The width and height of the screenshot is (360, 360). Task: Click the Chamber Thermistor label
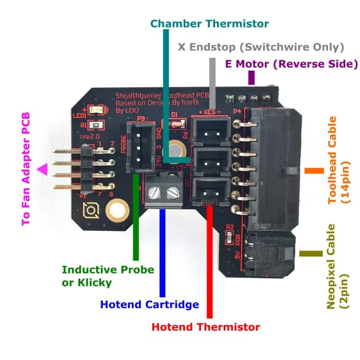209,24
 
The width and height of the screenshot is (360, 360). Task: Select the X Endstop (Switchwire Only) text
260,47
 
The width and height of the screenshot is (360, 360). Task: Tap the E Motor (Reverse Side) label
291,64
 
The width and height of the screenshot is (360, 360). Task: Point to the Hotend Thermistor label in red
206,327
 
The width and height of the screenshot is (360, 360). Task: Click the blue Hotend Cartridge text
150,304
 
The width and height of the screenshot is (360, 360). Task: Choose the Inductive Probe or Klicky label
107,276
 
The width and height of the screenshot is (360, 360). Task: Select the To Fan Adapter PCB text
26,170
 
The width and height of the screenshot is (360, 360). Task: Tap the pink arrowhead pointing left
40,169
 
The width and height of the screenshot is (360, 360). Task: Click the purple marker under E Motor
251,78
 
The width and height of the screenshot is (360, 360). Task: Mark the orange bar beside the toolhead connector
311,170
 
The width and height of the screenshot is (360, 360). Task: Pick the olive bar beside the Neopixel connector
311,254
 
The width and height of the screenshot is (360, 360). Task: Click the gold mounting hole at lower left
116,210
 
